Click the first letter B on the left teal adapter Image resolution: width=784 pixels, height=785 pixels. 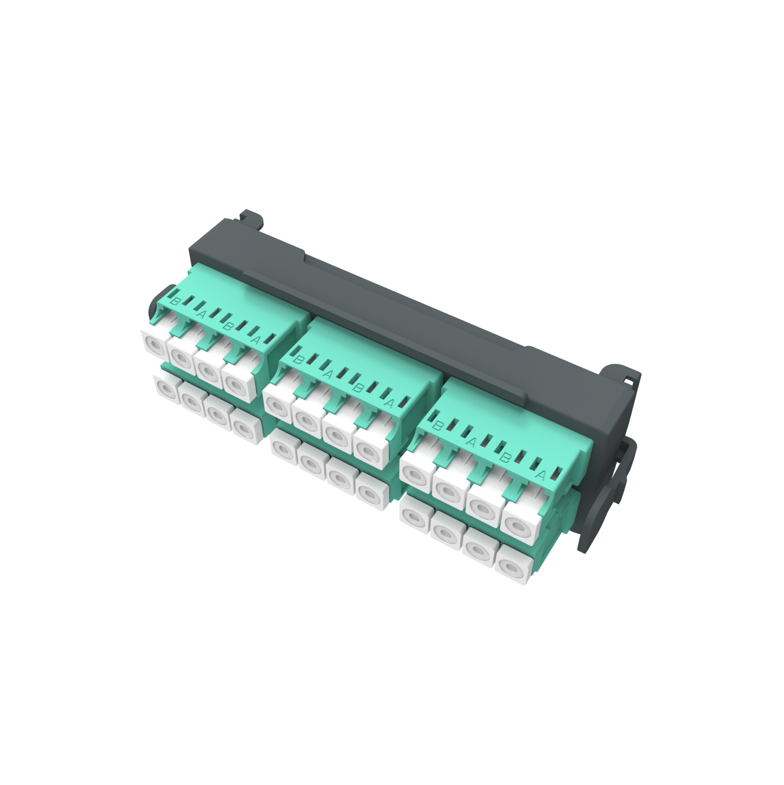(x=175, y=301)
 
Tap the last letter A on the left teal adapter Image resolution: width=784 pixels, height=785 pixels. (x=255, y=339)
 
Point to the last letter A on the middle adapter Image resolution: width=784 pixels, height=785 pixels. (x=389, y=403)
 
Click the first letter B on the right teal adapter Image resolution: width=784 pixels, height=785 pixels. (x=438, y=426)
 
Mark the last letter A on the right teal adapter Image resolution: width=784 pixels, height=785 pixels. (x=540, y=474)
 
